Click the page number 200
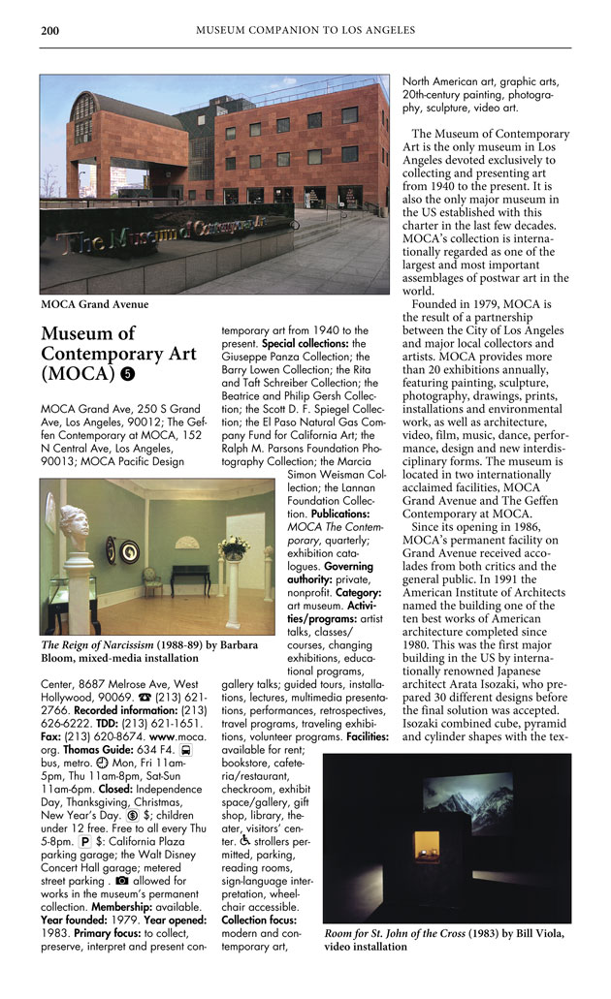(x=49, y=30)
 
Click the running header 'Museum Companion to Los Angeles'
(x=305, y=30)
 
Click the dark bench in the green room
(x=190, y=578)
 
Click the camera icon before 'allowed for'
(x=121, y=883)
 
